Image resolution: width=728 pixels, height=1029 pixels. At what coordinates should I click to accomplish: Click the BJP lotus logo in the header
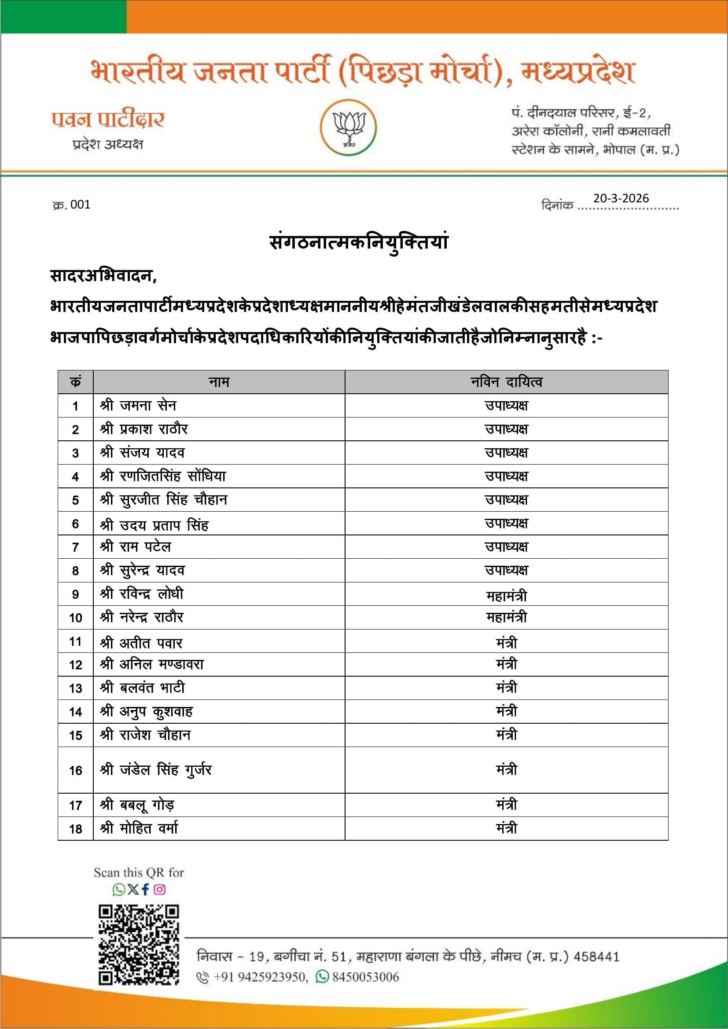pos(348,127)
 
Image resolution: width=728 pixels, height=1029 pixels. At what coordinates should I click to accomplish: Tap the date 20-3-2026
pos(621,198)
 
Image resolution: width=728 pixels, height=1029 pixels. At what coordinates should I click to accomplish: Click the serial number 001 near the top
pos(80,205)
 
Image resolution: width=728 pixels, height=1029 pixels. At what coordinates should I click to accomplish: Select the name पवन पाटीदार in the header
pos(108,120)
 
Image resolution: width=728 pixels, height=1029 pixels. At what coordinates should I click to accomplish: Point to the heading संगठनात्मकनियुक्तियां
pos(359,242)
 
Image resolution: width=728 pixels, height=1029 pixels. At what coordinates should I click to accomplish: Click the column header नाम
pos(219,382)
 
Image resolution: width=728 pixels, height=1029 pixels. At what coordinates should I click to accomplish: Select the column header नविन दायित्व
pos(506,382)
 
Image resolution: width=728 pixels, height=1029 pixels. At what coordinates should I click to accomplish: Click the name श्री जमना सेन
pos(138,406)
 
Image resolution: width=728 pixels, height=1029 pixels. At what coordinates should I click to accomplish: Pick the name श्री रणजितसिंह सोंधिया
pos(163,476)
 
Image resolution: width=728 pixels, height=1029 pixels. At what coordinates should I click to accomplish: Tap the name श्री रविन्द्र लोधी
pos(142,594)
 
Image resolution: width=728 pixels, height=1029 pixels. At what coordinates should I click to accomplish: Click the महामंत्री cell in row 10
pos(506,618)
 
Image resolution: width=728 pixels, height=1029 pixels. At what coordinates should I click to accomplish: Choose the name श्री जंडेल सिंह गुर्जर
pos(155,770)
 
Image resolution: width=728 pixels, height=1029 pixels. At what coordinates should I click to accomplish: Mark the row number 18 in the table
pos(75,829)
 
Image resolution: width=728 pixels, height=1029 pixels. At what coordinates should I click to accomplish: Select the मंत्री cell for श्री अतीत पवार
pos(506,643)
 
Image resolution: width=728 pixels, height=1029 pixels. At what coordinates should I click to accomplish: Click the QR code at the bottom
pos(139,944)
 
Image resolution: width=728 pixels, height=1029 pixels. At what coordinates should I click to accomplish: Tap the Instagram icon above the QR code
pos(160,889)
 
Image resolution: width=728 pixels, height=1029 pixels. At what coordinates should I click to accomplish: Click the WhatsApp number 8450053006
pos(365,977)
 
